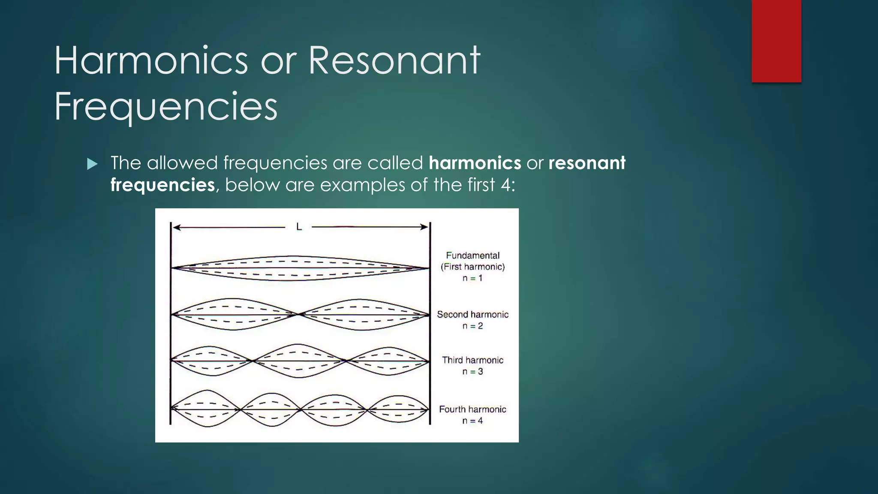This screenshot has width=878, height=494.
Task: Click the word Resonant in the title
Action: point(394,61)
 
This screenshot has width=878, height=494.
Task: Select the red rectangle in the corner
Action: point(776,41)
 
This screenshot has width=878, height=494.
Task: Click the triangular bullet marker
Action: point(92,164)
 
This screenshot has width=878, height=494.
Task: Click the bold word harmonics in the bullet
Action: point(475,163)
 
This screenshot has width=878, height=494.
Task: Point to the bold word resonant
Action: point(586,163)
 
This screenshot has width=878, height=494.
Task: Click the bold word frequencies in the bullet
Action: point(162,185)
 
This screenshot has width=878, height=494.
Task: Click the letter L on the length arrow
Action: point(299,227)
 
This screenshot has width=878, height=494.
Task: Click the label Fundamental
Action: point(472,256)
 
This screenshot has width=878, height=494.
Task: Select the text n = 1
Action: point(472,278)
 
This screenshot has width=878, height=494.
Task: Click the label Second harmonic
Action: point(472,314)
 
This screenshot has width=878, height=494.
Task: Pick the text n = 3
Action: point(472,371)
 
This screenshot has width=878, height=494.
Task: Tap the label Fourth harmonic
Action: point(472,409)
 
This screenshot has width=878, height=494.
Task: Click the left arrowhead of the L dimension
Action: point(175,227)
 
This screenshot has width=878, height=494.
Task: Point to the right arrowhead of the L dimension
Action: point(425,227)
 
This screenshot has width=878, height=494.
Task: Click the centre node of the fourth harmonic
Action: point(301,410)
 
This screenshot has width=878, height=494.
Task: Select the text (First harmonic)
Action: point(472,267)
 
